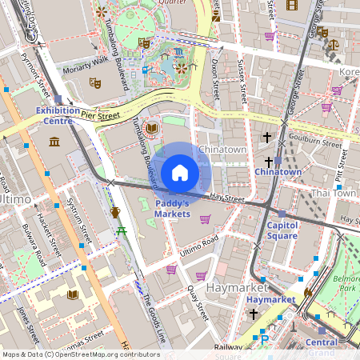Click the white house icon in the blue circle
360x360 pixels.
[180, 173]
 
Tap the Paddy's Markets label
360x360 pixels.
[172, 209]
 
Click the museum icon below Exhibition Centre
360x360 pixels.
[54, 142]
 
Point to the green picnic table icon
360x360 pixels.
[121, 230]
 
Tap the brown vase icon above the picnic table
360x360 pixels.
[115, 212]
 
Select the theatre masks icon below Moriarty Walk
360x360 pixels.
[94, 82]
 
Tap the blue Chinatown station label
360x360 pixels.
[278, 172]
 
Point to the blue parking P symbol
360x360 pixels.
[265, 339]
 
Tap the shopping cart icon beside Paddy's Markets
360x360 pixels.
[206, 220]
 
